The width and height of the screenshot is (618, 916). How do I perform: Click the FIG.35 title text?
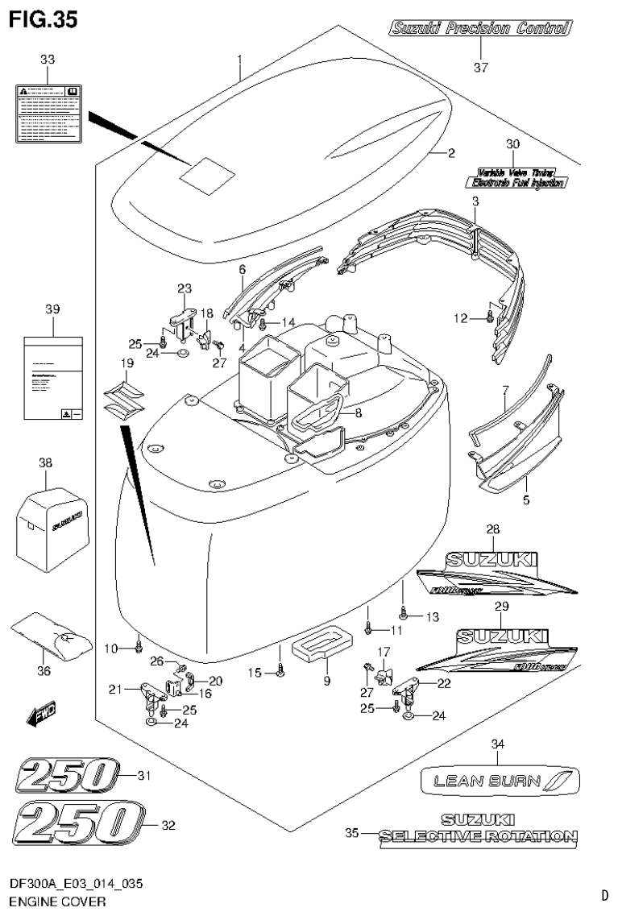click(44, 19)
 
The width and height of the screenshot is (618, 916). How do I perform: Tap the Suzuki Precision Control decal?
click(479, 30)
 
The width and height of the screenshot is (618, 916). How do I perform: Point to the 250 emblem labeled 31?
click(64, 777)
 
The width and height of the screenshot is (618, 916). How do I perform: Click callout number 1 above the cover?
click(239, 59)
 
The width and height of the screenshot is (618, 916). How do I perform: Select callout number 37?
click(480, 68)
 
